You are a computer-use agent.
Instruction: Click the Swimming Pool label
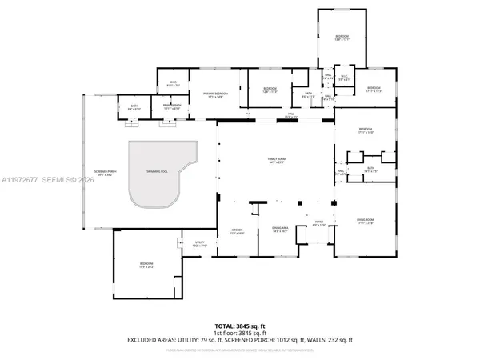(x=158, y=171)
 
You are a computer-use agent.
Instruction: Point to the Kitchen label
(x=238, y=232)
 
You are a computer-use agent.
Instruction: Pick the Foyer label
(x=318, y=225)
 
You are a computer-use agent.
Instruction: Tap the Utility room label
(x=199, y=244)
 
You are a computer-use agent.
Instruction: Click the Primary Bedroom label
(x=215, y=95)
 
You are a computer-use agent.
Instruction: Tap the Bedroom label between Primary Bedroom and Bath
(x=270, y=90)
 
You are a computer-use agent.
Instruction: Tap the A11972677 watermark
(x=24, y=180)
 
